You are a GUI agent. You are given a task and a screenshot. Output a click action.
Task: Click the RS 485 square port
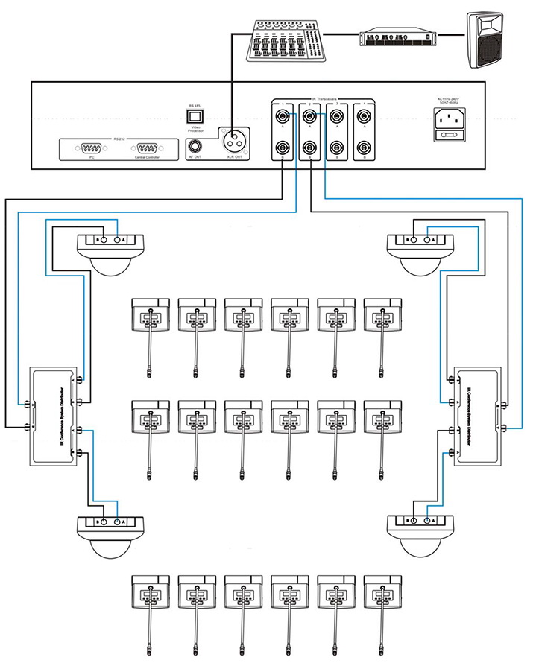click(x=195, y=118)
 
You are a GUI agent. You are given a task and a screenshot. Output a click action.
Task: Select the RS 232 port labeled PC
click(x=92, y=148)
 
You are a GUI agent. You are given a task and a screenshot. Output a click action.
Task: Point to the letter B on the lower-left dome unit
click(x=97, y=522)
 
